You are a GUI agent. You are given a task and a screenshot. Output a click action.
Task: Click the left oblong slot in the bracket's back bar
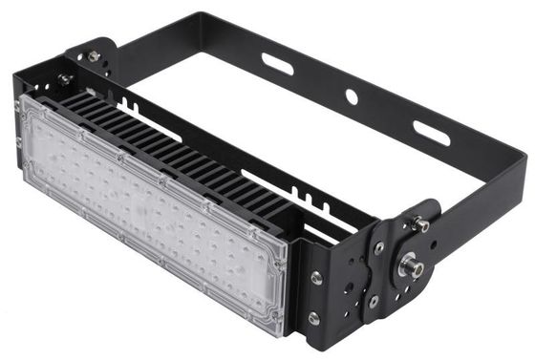(278, 64)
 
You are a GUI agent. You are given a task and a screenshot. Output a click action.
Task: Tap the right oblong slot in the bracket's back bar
(432, 133)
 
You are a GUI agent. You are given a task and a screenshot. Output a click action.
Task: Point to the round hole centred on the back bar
(352, 96)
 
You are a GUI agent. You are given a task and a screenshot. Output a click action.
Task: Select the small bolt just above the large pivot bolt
(418, 226)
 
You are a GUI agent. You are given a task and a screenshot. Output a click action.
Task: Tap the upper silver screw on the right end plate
(316, 278)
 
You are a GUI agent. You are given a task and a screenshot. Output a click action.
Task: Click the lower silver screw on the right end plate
(314, 318)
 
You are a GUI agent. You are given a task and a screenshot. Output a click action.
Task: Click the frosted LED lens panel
(153, 210)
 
